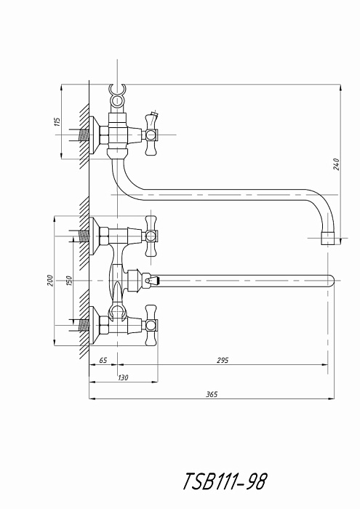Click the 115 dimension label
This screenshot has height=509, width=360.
[57, 121]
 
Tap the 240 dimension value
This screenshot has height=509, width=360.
[336, 164]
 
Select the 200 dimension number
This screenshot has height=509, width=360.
[50, 280]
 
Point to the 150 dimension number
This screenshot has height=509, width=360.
[69, 281]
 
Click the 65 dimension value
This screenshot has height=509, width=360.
[103, 361]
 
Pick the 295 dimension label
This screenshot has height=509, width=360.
[223, 360]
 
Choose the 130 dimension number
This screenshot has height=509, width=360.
[123, 377]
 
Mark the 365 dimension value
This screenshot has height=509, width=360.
[212, 394]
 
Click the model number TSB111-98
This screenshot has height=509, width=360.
[225, 481]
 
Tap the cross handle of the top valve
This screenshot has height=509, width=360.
[151, 134]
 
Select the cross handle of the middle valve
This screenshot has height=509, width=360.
[151, 236]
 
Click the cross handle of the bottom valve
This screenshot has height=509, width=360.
[151, 325]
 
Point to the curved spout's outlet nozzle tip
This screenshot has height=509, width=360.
[328, 239]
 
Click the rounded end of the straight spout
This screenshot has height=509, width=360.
[331, 281]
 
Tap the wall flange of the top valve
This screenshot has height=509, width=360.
[94, 135]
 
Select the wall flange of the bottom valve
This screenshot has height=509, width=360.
[94, 325]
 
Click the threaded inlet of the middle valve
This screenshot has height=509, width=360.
[84, 236]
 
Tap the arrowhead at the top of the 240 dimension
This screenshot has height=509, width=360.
[340, 88]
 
